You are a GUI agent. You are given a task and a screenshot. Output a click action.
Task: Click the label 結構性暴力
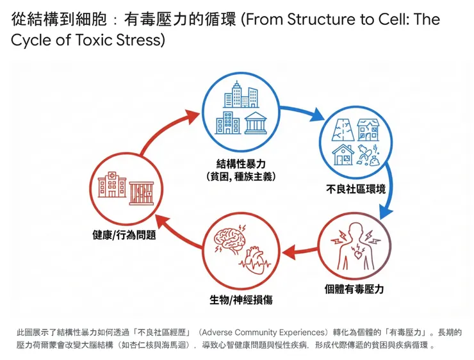pos(240,163)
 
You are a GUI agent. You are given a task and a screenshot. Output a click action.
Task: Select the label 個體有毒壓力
pos(354,289)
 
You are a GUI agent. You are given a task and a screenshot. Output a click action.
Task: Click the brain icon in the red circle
pos(229,241)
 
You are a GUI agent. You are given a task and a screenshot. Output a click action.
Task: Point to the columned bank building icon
pos(256,122)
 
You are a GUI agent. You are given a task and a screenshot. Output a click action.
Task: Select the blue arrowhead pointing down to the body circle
pos(383,211)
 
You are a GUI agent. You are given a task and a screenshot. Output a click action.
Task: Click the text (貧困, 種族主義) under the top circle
pos(240,176)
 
